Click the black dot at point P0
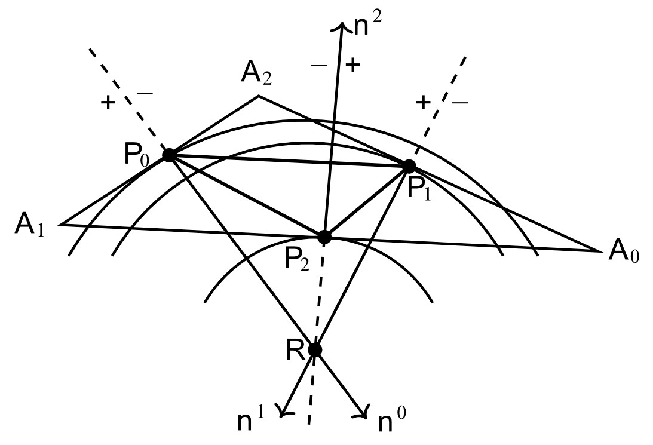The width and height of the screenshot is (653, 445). (169, 155)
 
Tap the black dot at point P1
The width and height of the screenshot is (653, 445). (409, 166)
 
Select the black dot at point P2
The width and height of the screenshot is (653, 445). (324, 237)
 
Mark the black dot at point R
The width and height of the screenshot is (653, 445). (315, 349)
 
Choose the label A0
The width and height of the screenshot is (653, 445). (623, 254)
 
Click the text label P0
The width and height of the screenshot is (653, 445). (140, 156)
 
